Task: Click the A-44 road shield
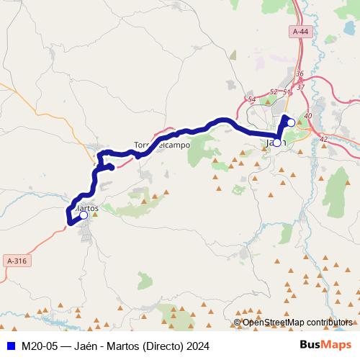(300, 32)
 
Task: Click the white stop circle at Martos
(84, 215)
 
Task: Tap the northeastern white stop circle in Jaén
(291, 122)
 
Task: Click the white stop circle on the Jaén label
(276, 143)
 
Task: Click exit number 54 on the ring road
(251, 99)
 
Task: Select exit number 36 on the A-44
(300, 74)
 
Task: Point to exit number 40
(308, 116)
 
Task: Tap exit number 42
(323, 138)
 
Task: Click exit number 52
(273, 92)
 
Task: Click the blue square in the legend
(9, 346)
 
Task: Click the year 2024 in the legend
(197, 346)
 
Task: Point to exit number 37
(300, 87)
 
